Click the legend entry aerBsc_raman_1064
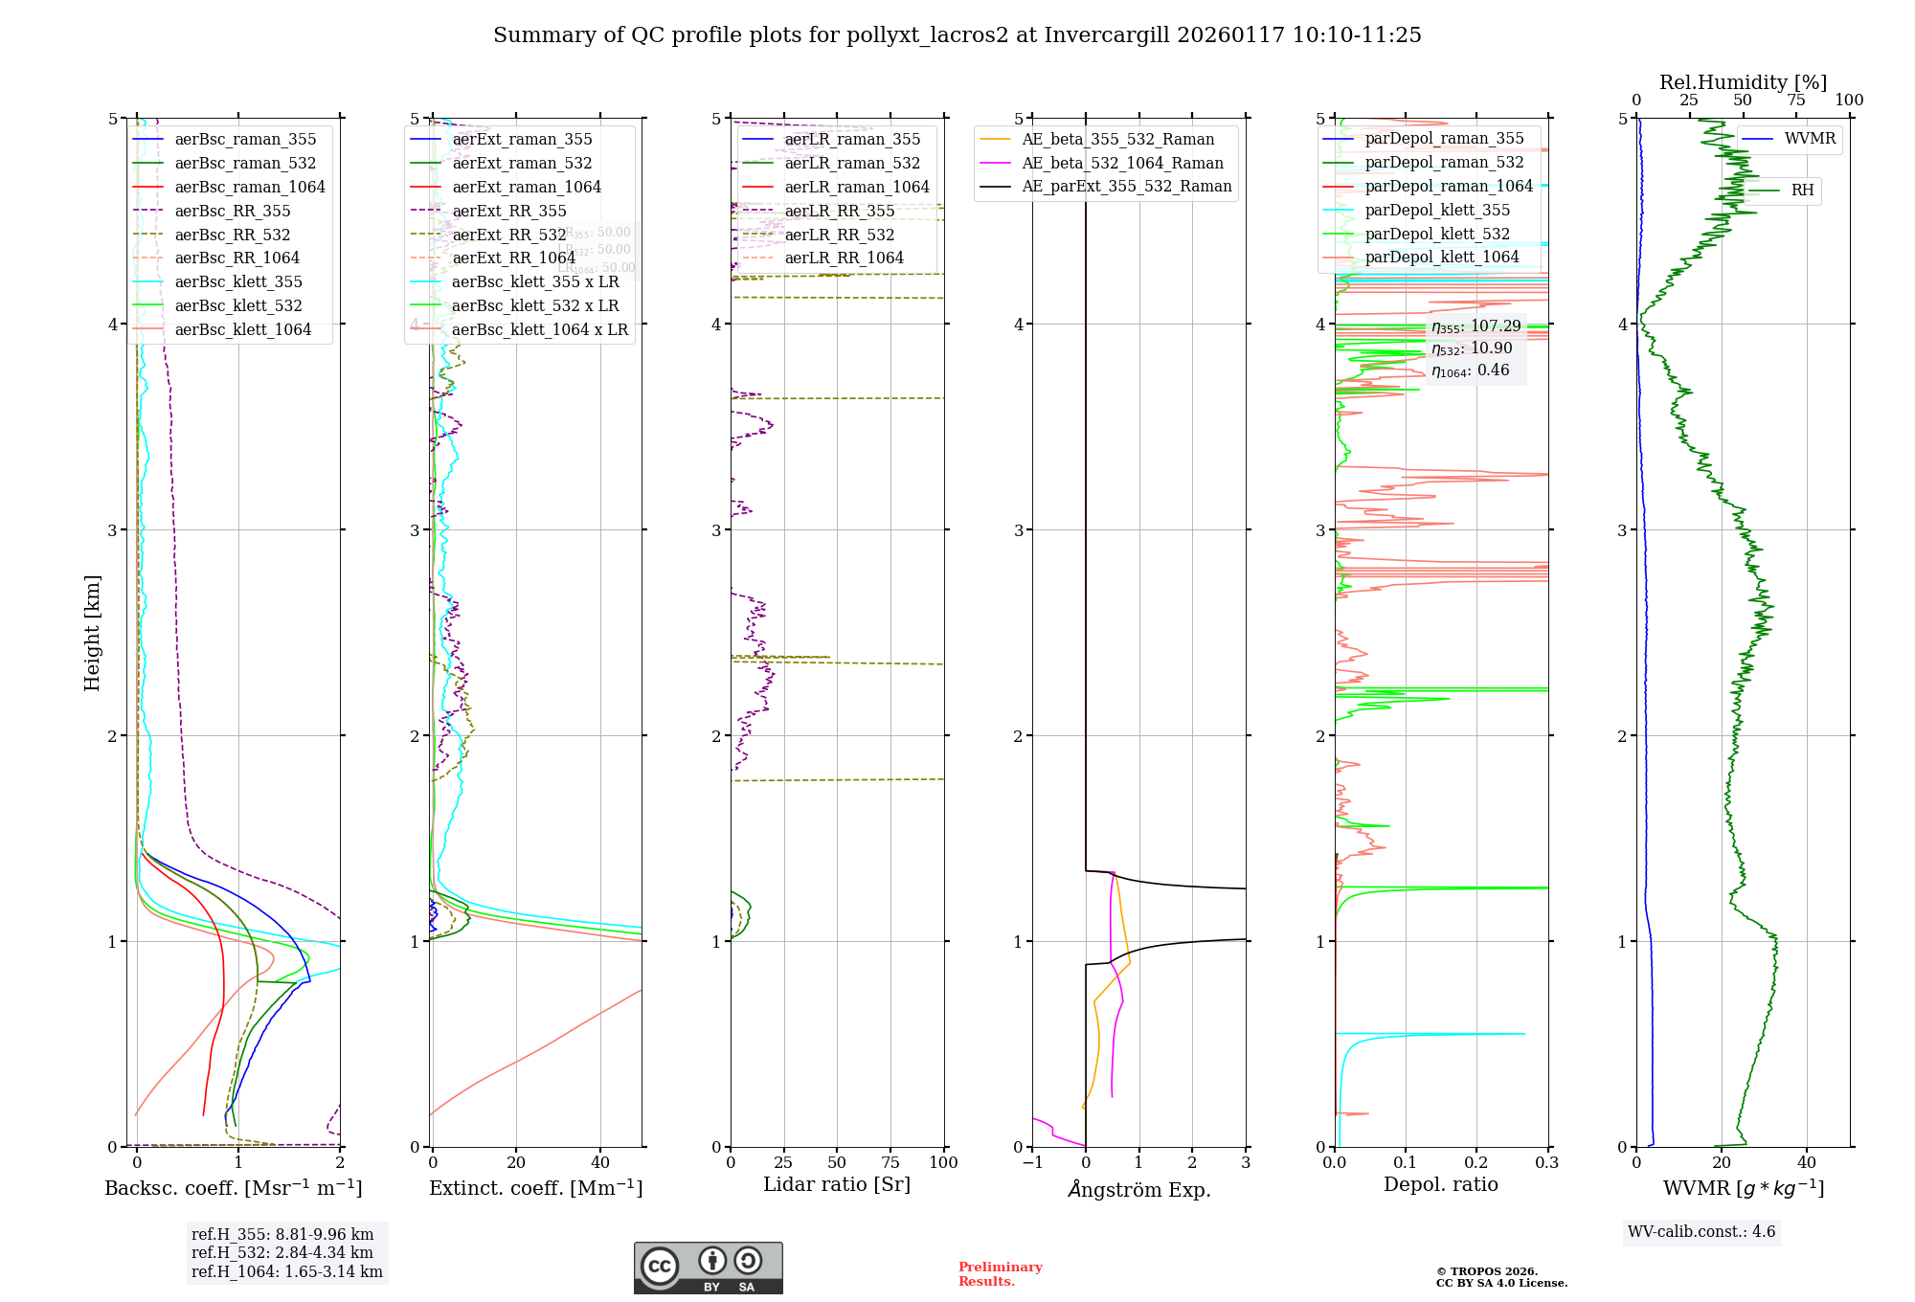[249, 188]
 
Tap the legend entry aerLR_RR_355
[839, 211]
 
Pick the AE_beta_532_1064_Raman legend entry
[1122, 163]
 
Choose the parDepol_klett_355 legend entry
[1436, 210]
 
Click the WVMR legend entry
[1810, 139]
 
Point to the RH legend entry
[1802, 191]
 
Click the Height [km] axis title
[92, 633]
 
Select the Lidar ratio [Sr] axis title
[837, 1184]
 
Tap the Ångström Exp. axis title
[1139, 1189]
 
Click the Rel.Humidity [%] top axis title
[1743, 82]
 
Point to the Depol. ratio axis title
[1440, 1184]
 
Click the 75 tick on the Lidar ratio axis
[890, 1162]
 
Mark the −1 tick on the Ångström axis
[1031, 1162]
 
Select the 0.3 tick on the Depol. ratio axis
[1546, 1162]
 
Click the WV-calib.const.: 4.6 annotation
[1701, 1232]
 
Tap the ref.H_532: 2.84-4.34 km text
[282, 1252]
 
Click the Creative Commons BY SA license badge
[709, 1268]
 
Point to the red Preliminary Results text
[1000, 1274]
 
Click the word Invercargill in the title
[1107, 35]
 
